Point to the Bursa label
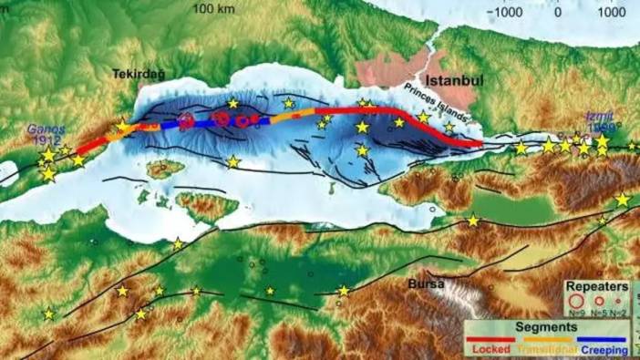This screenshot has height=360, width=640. pyautogui.click(x=425, y=283)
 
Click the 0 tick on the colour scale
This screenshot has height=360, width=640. pyautogui.click(x=558, y=13)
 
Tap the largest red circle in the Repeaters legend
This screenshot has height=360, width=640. pyautogui.click(x=576, y=299)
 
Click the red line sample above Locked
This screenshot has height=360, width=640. pyautogui.click(x=490, y=338)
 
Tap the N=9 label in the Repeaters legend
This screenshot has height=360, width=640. pyautogui.click(x=576, y=313)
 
